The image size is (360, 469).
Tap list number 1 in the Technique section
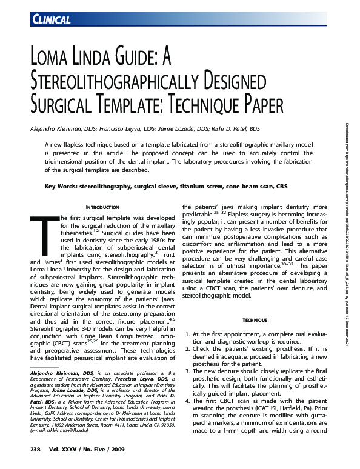[188, 334]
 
